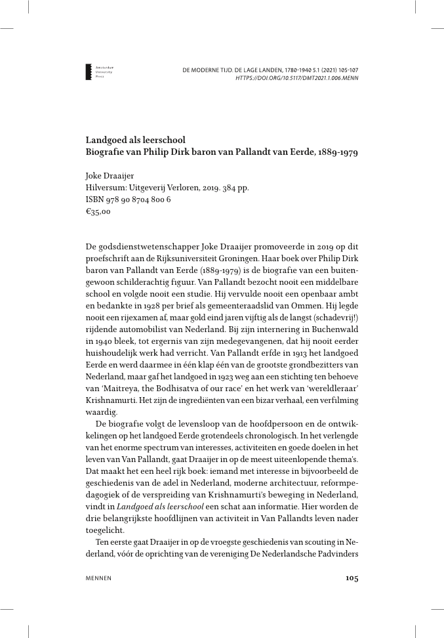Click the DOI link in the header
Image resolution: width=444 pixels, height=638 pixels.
(296, 77)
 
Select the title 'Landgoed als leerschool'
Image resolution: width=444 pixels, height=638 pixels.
(136, 140)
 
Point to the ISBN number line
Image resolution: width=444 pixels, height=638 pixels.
(129, 200)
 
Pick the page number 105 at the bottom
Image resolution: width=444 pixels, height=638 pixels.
(351, 578)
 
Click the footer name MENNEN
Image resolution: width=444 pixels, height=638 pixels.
(98, 578)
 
